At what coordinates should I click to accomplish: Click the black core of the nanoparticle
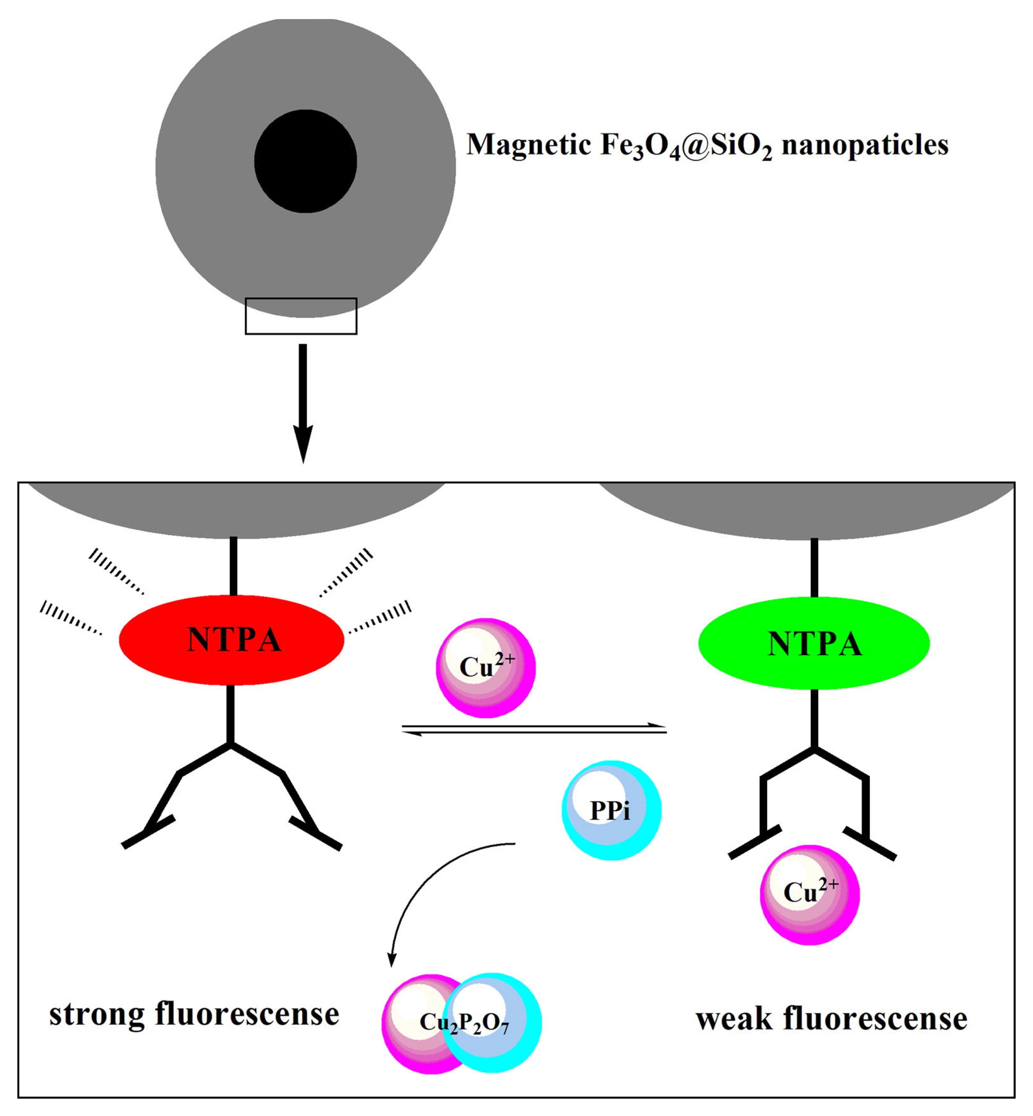pyautogui.click(x=306, y=161)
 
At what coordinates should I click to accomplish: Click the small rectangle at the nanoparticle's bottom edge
pyautogui.click(x=301, y=316)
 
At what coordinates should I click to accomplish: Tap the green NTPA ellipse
pyautogui.click(x=814, y=644)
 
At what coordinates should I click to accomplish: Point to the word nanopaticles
pyautogui.click(x=865, y=145)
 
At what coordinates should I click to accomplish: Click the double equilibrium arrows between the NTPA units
pyautogui.click(x=534, y=729)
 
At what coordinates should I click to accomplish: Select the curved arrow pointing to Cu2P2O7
pyautogui.click(x=425, y=883)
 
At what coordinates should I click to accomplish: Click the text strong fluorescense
pyautogui.click(x=194, y=1014)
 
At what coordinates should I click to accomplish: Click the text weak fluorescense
pyautogui.click(x=831, y=1018)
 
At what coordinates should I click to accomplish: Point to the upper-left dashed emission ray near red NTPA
pyautogui.click(x=116, y=571)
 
